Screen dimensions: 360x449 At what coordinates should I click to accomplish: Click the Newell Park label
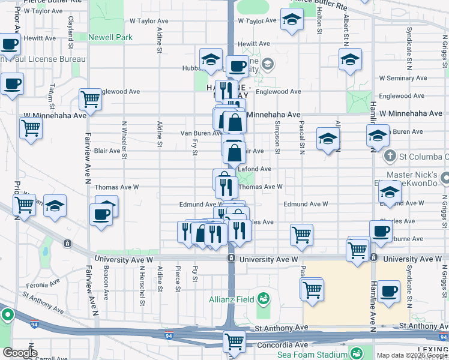(110, 37)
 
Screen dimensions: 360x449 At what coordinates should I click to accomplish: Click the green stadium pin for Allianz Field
(264, 298)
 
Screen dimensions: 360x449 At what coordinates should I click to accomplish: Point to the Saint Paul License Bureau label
(42, 59)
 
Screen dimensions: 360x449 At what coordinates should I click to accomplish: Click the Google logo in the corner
(20, 353)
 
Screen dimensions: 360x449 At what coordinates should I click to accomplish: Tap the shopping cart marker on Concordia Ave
(234, 342)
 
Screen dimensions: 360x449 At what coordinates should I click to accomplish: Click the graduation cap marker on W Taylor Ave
(292, 21)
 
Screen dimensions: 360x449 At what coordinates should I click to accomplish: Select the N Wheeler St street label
(124, 140)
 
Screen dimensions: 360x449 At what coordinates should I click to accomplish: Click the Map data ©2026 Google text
(412, 355)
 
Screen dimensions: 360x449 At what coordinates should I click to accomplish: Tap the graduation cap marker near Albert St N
(350, 59)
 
